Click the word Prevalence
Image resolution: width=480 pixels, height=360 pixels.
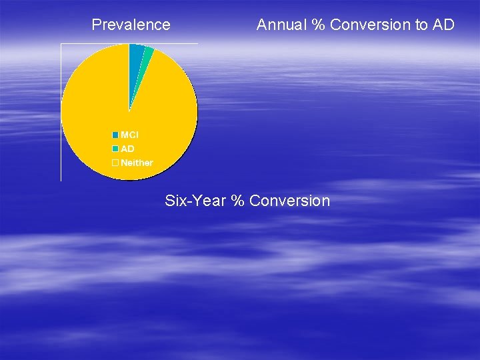[131, 25]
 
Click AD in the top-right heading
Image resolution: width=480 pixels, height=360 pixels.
[443, 25]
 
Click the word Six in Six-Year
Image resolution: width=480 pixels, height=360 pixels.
[175, 201]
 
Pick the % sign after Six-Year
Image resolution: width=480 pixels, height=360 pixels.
[237, 201]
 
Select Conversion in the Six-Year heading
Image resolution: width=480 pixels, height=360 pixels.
[289, 201]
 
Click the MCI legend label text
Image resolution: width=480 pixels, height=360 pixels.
[129, 135]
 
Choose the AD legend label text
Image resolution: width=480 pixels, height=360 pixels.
[127, 149]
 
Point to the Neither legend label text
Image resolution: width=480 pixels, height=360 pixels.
[137, 163]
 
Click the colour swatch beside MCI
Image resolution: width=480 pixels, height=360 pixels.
[115, 135]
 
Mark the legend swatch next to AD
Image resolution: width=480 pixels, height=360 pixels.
[115, 149]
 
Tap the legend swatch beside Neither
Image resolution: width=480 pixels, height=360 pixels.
[115, 163]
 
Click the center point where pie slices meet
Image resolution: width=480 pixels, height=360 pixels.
[129, 111]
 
